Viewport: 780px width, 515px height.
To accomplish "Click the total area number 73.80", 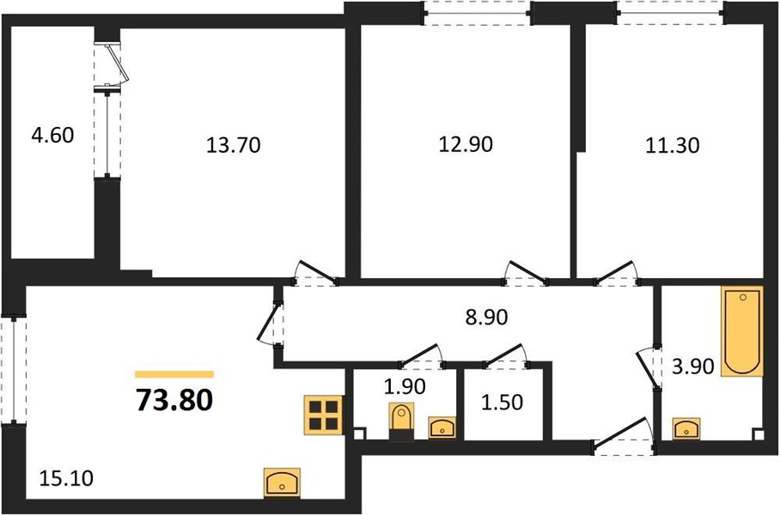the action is click(x=174, y=400).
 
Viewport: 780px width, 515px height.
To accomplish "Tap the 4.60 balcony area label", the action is click(x=52, y=136).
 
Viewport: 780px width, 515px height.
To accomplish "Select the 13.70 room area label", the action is click(x=234, y=145).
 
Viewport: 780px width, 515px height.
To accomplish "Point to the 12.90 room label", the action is click(x=466, y=144).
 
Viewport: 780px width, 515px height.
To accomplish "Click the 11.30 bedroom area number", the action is click(x=673, y=145).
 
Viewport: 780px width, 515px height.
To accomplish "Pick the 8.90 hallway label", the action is click(x=486, y=317).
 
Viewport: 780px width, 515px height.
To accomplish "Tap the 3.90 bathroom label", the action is click(x=693, y=367).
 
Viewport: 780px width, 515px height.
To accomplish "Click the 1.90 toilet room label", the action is click(x=405, y=386).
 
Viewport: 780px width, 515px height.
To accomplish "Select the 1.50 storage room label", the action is click(x=502, y=403).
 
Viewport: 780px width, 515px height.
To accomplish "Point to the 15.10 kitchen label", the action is click(x=66, y=479).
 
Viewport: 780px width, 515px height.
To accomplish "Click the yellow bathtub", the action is click(x=743, y=331).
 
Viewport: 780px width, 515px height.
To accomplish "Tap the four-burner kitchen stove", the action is click(x=324, y=415).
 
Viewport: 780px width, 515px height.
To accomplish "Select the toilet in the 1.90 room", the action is click(x=401, y=421).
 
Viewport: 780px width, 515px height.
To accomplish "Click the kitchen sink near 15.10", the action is click(x=282, y=482).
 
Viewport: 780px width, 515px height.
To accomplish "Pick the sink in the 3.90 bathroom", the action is click(x=686, y=428).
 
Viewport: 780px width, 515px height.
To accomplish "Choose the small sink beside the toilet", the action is click(x=442, y=428).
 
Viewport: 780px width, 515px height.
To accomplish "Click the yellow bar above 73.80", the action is click(x=174, y=374).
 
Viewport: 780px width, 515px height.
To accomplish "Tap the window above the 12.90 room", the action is click(x=477, y=12).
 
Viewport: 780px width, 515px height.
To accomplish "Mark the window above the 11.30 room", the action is click(x=672, y=12).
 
